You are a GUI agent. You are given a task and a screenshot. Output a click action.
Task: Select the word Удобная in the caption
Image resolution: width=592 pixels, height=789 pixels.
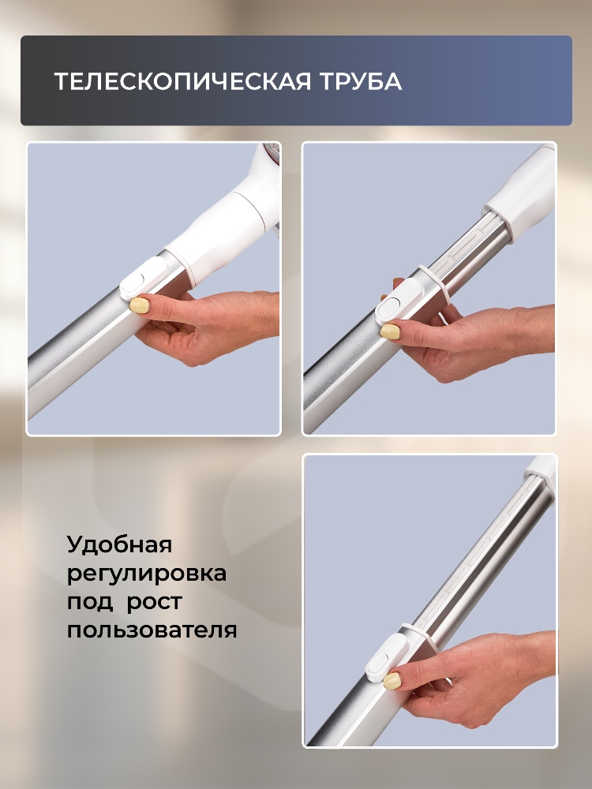119,545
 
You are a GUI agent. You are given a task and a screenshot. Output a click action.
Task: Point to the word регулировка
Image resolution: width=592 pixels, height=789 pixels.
147,574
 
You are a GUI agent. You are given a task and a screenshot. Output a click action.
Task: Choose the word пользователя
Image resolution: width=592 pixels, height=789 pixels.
152,631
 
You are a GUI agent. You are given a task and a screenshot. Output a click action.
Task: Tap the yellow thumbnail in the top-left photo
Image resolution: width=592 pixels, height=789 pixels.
140,305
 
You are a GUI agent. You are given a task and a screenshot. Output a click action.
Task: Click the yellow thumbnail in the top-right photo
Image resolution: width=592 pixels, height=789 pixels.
390,332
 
